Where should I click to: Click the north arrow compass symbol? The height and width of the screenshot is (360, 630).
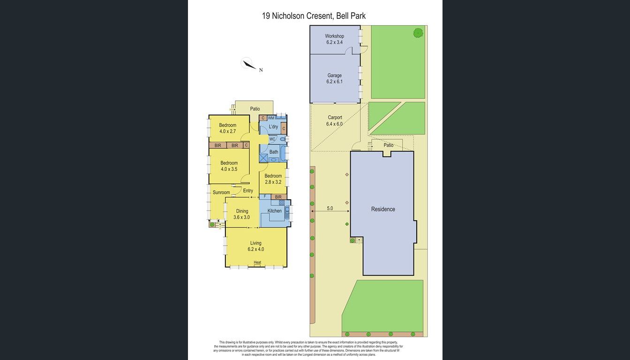tap(248, 64)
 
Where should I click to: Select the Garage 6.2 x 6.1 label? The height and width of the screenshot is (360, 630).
tap(335, 78)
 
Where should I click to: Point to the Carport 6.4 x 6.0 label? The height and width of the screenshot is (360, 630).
tap(335, 121)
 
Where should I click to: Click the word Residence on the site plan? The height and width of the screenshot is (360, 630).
tap(383, 209)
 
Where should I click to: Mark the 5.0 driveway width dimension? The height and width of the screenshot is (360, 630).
tap(330, 209)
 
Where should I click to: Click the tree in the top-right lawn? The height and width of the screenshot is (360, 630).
tap(417, 32)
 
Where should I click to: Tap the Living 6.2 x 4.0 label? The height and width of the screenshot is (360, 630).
tap(256, 246)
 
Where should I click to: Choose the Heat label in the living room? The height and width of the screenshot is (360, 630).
tap(257, 262)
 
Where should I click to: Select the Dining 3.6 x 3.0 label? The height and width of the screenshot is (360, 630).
tap(242, 214)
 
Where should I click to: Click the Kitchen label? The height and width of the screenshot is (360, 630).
tap(275, 211)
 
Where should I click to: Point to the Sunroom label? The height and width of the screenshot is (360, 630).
tap(221, 193)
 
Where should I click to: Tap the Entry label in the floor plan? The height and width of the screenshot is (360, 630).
tap(248, 191)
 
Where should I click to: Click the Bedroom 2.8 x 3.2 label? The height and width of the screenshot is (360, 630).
tap(273, 179)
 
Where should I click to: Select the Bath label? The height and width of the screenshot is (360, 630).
tap(274, 152)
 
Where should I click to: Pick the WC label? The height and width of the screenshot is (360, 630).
tap(272, 139)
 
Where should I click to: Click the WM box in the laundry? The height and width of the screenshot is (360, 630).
tap(271, 118)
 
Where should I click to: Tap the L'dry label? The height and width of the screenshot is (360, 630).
tap(274, 127)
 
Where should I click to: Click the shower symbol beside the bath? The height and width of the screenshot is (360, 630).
tap(263, 158)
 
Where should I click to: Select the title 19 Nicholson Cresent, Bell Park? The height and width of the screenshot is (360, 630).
tap(314, 16)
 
